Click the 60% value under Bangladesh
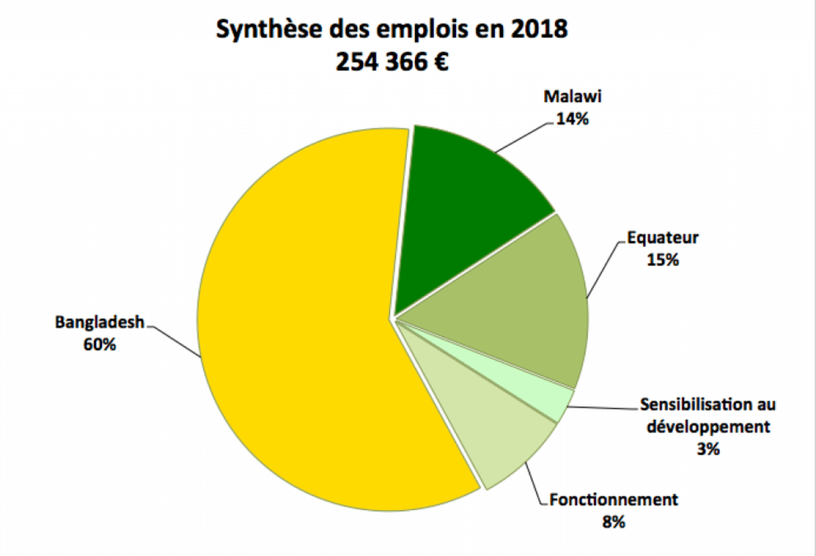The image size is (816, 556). pos(100,344)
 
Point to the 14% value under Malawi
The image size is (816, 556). pos(572,119)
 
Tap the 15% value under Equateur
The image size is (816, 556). pos(662,260)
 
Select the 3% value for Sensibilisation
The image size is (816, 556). pos(708,449)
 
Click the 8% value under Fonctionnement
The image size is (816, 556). pos(614,522)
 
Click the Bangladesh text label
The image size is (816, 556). pos(100,322)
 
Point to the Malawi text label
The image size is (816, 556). pos(573,97)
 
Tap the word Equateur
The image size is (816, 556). pos(663,238)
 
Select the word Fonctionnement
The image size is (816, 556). pos(613,500)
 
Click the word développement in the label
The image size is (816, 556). pos(708,427)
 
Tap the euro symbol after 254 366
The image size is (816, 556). pos(439,61)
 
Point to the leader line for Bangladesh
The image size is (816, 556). pos(175,341)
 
